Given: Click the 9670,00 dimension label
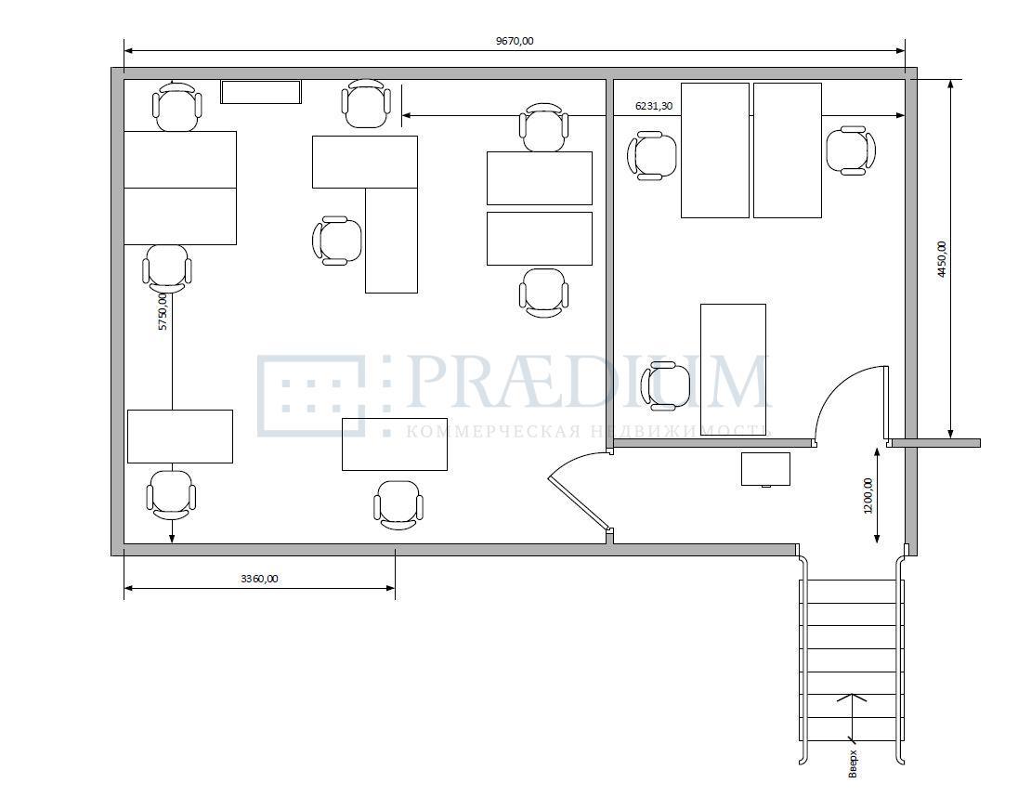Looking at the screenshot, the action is [515, 41].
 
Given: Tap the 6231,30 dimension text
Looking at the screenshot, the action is [654, 105].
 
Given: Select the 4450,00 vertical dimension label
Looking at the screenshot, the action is [942, 259].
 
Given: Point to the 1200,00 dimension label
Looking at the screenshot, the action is [868, 496].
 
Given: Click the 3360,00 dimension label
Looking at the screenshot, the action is [259, 579].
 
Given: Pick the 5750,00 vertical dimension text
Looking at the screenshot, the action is [163, 311].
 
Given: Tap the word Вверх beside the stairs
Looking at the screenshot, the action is [853, 763].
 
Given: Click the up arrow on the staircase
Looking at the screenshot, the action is [852, 716].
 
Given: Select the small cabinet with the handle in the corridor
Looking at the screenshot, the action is [766, 469].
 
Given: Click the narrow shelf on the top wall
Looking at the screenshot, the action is [261, 92].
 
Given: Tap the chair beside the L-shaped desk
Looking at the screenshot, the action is [337, 241].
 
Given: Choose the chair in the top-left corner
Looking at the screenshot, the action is [176, 107].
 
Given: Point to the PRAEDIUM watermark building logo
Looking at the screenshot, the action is [324, 396].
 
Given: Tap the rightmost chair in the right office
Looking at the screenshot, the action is [851, 151].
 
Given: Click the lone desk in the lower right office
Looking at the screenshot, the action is [733, 365].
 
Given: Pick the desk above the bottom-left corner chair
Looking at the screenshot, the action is [180, 437].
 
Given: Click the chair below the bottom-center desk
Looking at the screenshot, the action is [398, 504].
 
